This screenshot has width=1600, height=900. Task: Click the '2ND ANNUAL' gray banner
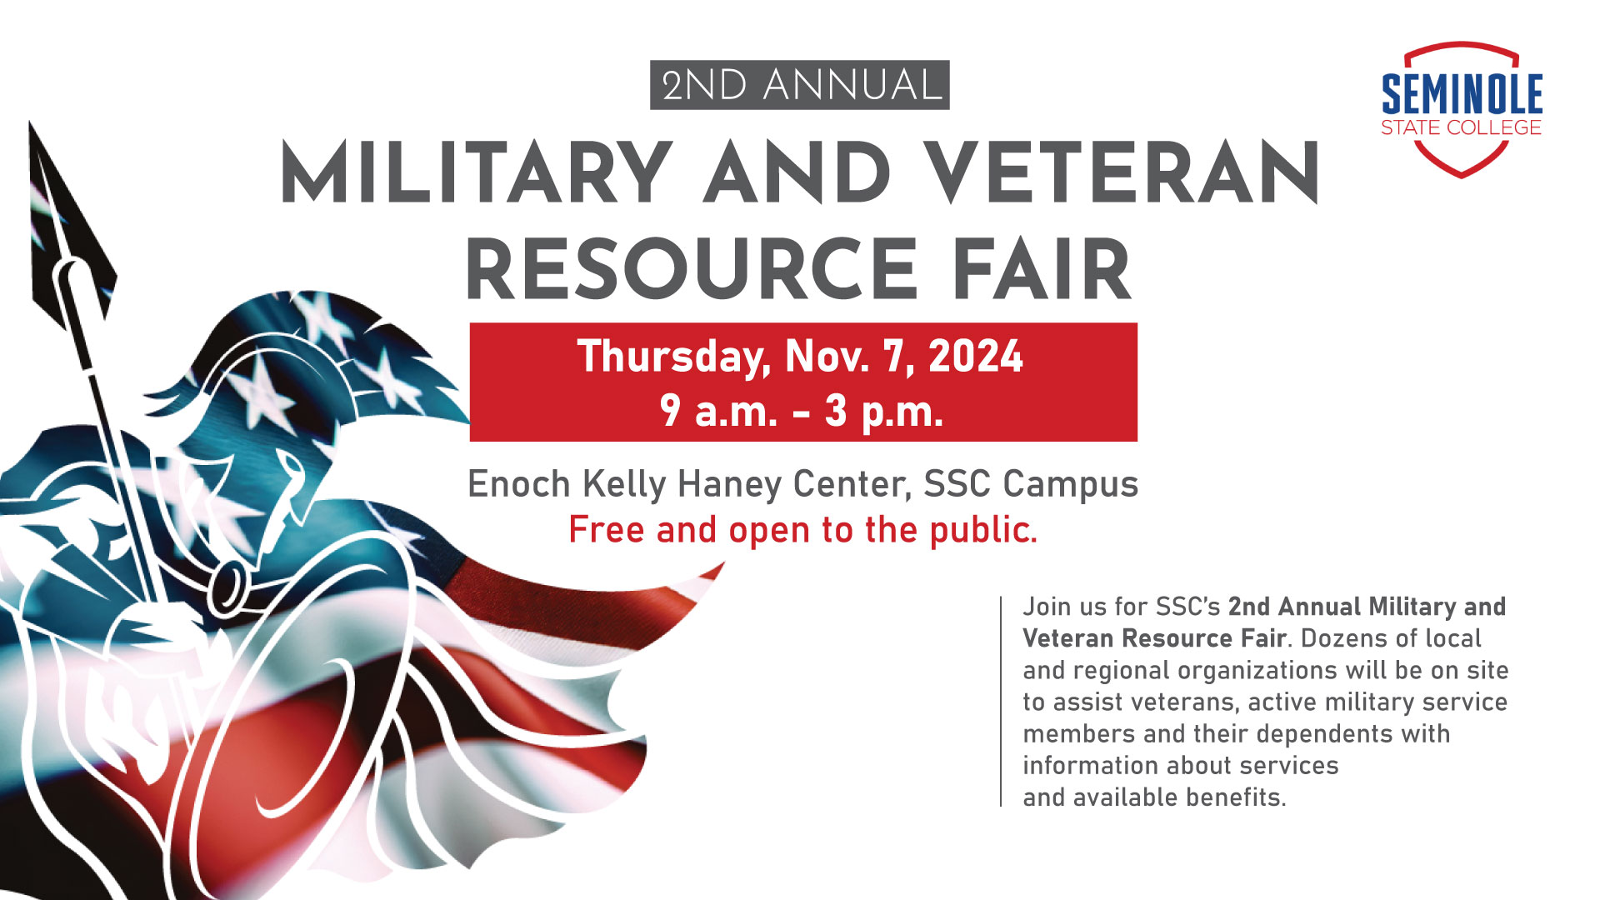click(x=799, y=85)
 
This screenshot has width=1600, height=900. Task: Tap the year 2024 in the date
click(x=975, y=357)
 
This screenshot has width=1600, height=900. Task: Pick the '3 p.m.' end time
click(x=884, y=411)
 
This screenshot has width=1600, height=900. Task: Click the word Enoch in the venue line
click(x=518, y=484)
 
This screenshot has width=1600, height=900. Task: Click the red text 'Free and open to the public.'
click(x=802, y=530)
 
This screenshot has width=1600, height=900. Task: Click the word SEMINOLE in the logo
click(x=1462, y=94)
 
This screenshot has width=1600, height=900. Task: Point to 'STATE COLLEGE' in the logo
click(x=1461, y=127)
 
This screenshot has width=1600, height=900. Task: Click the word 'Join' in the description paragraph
click(x=1047, y=607)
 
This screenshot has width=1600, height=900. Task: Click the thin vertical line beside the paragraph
click(x=1001, y=700)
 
